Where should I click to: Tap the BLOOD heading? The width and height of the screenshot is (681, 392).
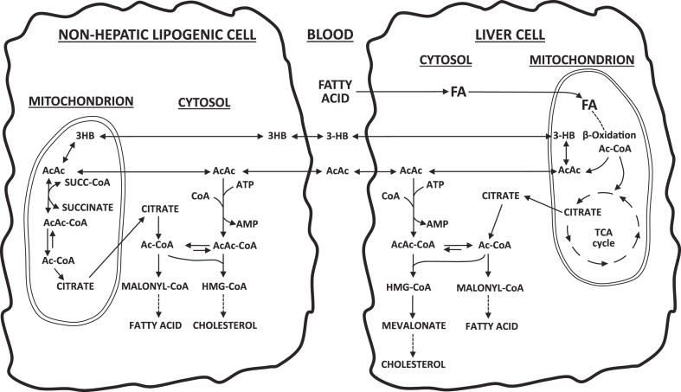tap(331, 36)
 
